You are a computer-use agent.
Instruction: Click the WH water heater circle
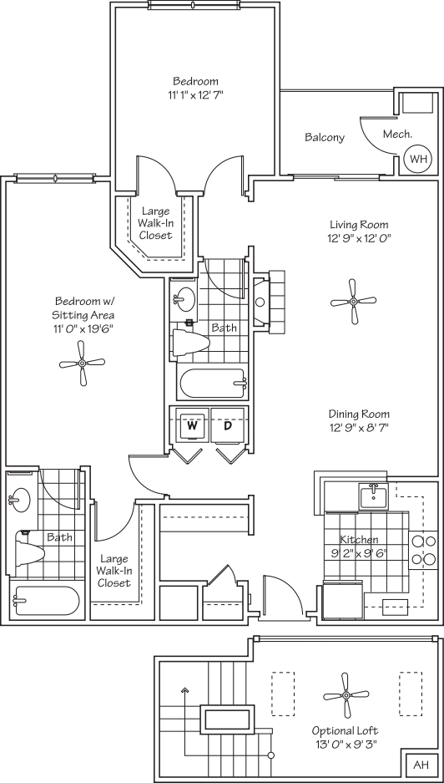click(417, 158)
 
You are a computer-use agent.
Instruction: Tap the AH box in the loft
click(421, 765)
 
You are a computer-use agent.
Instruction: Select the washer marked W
click(192, 425)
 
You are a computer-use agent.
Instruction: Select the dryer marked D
click(227, 425)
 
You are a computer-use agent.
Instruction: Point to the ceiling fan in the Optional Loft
click(345, 695)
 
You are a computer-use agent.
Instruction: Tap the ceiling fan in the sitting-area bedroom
click(83, 363)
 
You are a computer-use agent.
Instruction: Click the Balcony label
click(324, 138)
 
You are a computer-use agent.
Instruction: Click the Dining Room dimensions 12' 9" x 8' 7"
click(359, 428)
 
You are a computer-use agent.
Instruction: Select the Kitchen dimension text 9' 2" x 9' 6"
click(359, 552)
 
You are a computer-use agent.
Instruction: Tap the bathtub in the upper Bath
click(213, 384)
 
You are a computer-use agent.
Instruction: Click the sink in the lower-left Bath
click(19, 501)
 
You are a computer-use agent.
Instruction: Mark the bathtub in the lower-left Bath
click(46, 600)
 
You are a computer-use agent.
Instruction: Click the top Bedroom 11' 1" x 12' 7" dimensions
click(195, 94)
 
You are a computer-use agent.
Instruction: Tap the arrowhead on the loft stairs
click(185, 691)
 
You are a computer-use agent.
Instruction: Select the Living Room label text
click(359, 225)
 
